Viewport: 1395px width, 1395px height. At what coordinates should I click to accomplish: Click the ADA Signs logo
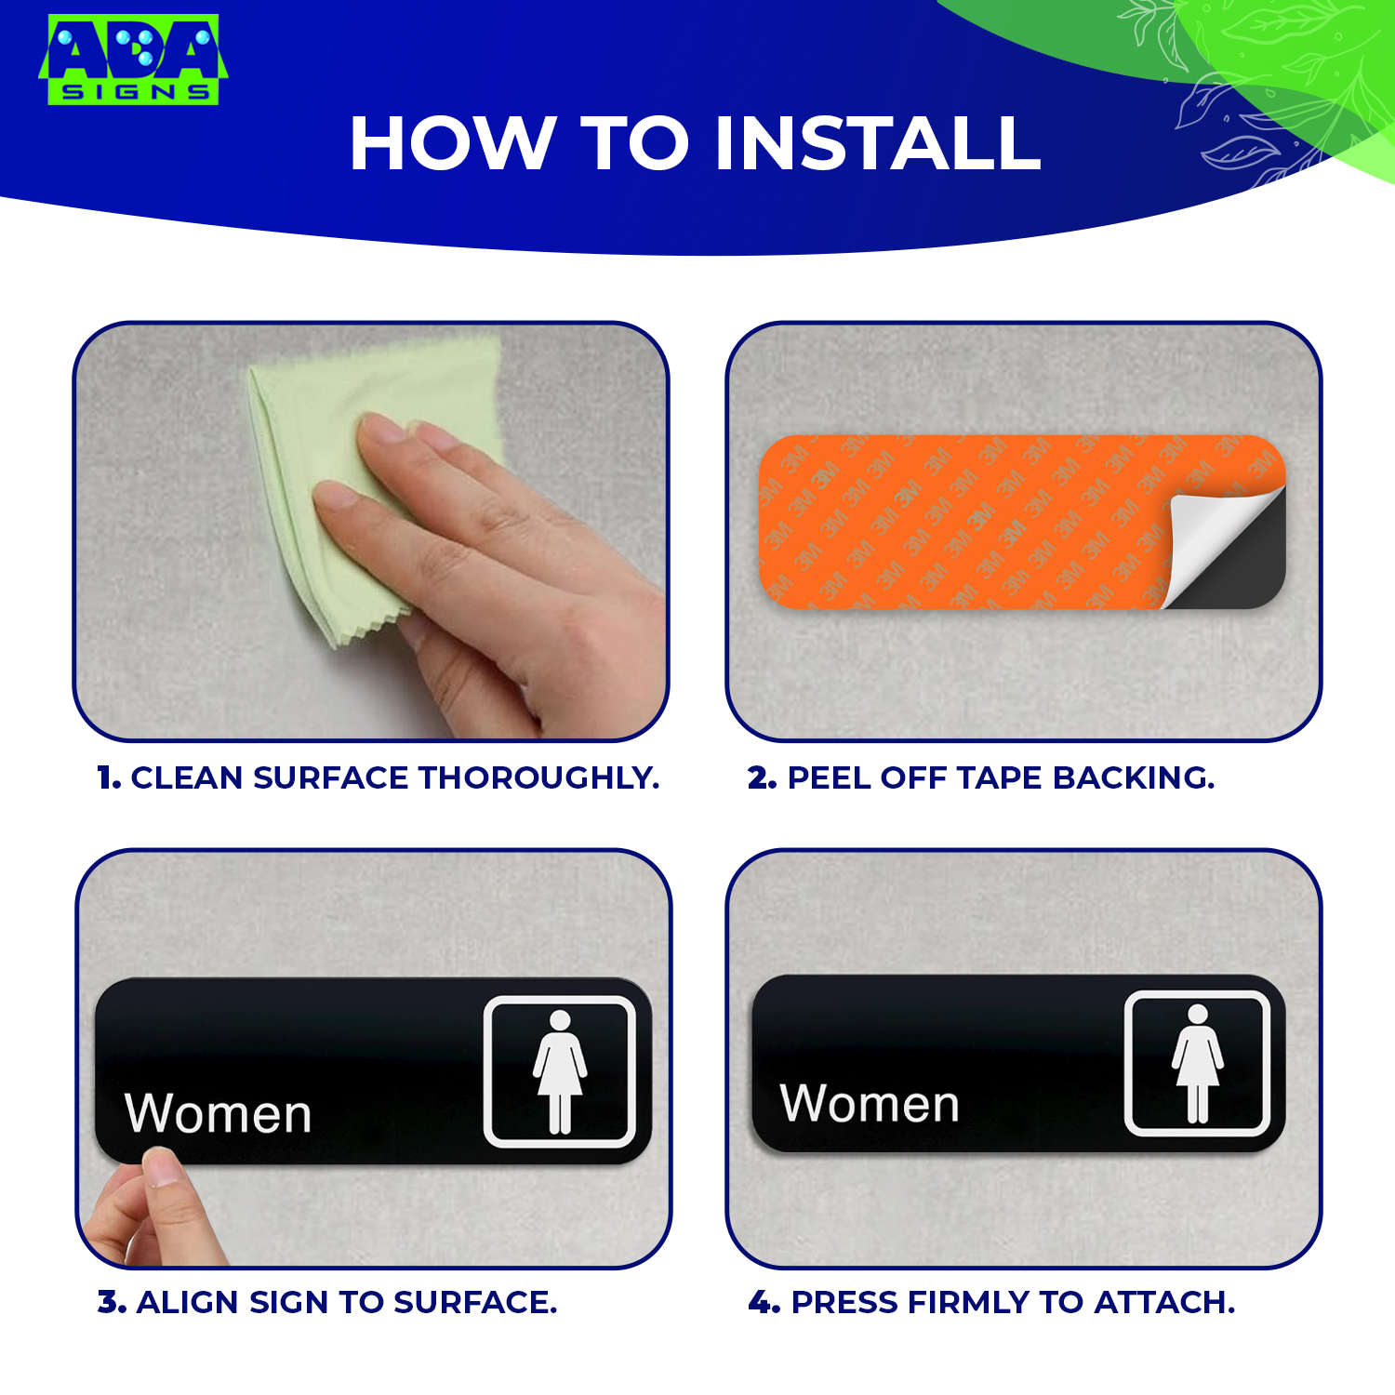tap(133, 59)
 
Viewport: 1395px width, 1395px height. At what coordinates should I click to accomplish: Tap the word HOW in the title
tap(452, 144)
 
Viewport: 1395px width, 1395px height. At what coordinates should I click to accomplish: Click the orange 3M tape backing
tap(976, 521)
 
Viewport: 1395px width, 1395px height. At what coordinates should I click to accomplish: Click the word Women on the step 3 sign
tap(219, 1112)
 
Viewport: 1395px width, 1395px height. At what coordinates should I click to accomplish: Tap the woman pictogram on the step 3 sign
tap(560, 1071)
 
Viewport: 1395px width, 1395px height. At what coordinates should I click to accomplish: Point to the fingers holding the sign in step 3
tap(153, 1209)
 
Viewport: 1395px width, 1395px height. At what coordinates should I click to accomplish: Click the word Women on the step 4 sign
tap(870, 1103)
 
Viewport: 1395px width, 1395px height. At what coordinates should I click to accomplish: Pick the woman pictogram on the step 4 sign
tap(1198, 1064)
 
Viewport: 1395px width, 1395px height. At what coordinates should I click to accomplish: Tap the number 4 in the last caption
tap(763, 1302)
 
